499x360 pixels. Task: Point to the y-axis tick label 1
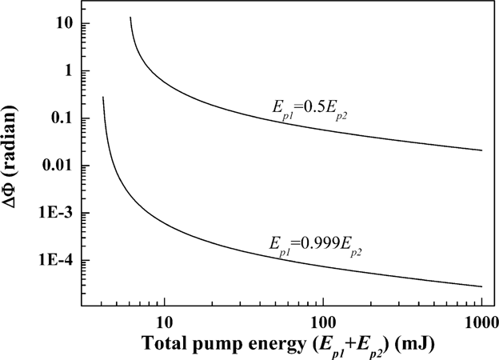[70, 70]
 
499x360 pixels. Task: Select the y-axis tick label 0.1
[63, 118]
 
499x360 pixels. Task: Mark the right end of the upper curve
[481, 150]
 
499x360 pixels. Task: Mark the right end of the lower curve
[481, 286]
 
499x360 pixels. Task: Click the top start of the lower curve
[103, 98]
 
